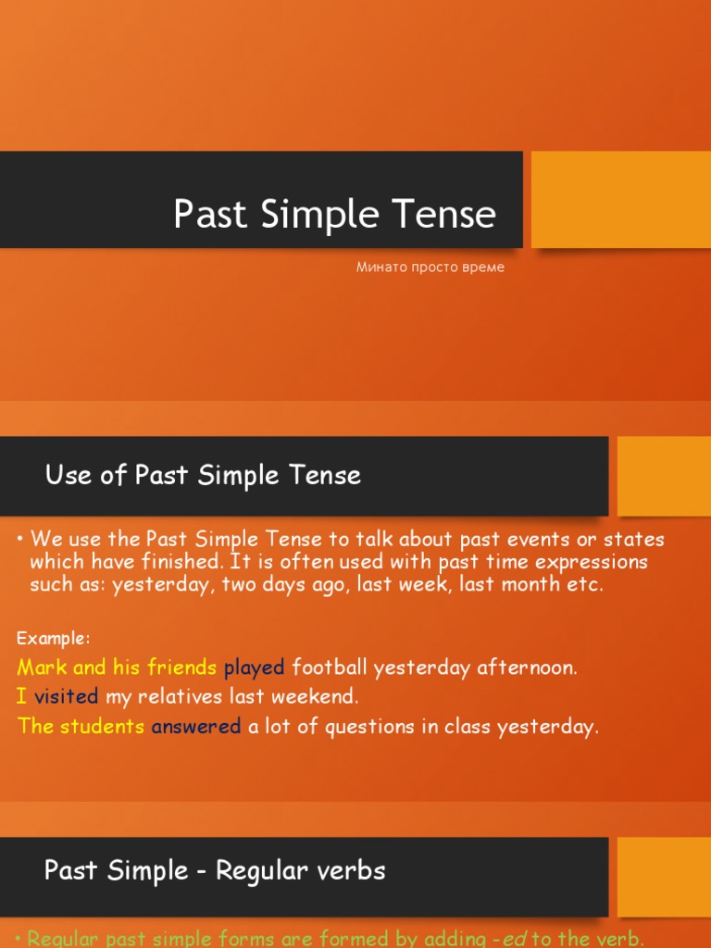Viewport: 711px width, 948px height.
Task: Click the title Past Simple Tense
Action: pos(334,215)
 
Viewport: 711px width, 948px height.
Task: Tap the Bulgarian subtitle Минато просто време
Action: pos(430,268)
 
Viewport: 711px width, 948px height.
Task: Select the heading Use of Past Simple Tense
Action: pos(203,476)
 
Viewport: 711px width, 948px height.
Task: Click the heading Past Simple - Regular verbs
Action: pos(215,870)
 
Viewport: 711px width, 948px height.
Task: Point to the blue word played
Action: pos(254,667)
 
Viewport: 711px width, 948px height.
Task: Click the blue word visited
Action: pos(66,697)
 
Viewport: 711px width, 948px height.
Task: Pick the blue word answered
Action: pos(196,727)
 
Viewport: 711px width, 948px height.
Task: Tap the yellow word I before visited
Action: pos(22,697)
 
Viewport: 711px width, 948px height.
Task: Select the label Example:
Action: pos(54,639)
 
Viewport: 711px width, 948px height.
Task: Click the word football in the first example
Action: pos(330,667)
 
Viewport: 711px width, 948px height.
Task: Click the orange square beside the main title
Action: pos(620,199)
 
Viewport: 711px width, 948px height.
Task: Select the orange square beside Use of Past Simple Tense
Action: pos(664,476)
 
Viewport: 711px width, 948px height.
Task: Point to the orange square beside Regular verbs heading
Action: pos(664,877)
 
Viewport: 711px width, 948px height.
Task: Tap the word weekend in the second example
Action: pos(319,697)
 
